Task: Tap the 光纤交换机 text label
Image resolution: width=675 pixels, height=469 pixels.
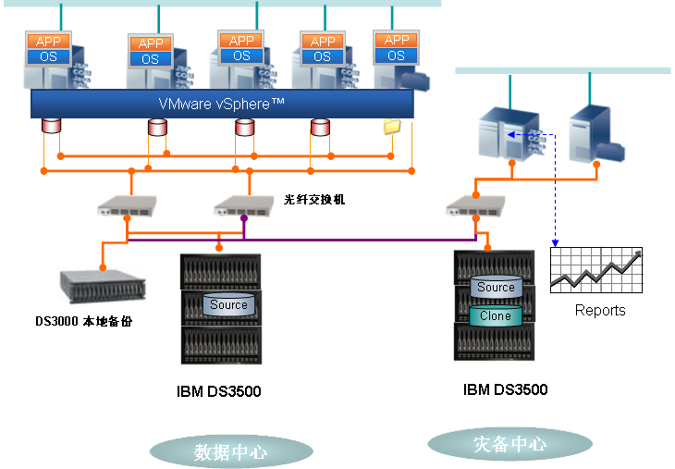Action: (x=314, y=199)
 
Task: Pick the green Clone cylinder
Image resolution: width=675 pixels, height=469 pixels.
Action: (x=495, y=316)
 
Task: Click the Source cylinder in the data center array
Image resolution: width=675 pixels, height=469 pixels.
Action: (x=228, y=304)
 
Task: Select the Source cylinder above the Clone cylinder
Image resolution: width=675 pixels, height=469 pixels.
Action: (x=496, y=288)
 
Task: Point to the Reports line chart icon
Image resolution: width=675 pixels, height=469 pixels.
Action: (x=595, y=270)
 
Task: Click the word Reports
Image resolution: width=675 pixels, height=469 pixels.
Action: (x=600, y=311)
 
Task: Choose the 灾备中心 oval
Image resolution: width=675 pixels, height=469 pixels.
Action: (x=509, y=444)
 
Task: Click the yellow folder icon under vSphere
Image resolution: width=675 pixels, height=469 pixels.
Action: (x=392, y=126)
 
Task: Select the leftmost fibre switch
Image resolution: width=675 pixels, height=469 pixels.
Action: (x=128, y=206)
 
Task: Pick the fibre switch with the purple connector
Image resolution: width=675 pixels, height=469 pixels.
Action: (x=244, y=207)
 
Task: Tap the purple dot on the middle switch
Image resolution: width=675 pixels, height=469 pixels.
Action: (x=243, y=218)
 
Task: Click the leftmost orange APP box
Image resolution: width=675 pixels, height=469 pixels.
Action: (x=46, y=42)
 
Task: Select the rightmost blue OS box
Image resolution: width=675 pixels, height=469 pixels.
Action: (x=396, y=56)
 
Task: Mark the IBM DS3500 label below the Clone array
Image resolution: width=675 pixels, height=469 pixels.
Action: (x=505, y=389)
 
